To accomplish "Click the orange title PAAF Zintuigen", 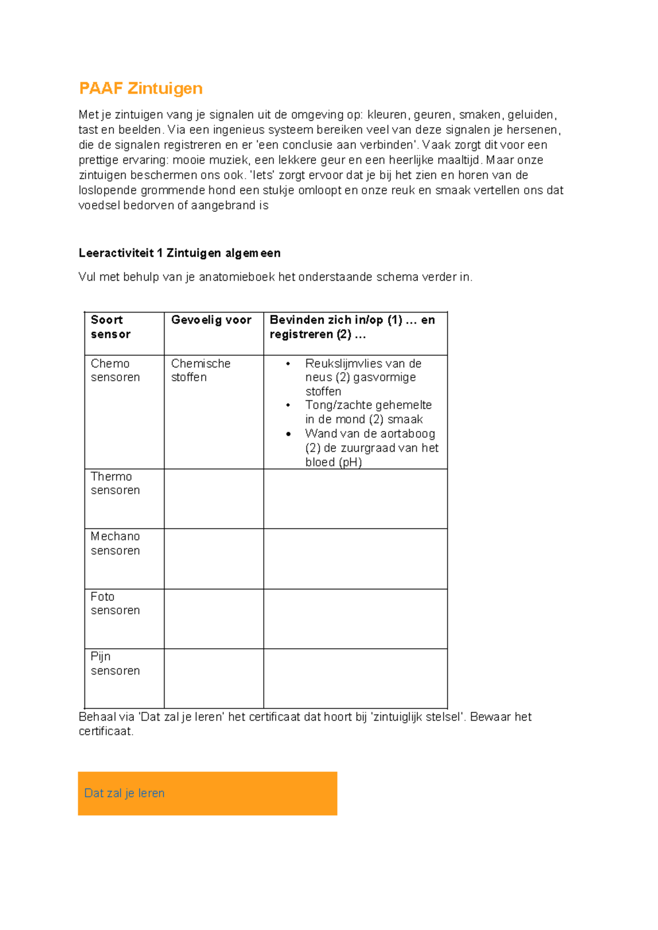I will pos(141,88).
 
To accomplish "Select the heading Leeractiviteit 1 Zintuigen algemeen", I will pos(179,253).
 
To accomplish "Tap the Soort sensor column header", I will pos(111,327).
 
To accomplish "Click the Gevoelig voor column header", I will pos(211,320).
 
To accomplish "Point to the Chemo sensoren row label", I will pos(115,370).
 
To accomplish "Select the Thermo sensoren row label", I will pos(115,483).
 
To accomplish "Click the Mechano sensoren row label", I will pos(115,543).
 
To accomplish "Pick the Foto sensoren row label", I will pos(115,603).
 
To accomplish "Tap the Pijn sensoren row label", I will pos(115,664).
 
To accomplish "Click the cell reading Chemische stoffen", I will pos(200,370).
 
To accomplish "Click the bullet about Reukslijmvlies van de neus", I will pos(363,377).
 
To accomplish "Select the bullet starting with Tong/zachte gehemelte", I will pos(368,412).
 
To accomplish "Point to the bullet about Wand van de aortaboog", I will pos(371,447).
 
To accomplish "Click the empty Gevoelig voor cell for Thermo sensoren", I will pos(214,498).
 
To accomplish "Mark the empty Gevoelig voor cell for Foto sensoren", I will pos(214,619).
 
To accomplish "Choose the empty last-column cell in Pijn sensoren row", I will pos(355,678).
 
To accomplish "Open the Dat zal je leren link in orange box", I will pos(124,793).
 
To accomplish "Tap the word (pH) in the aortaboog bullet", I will pos(350,462).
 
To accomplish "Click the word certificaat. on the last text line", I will pos(106,731).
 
